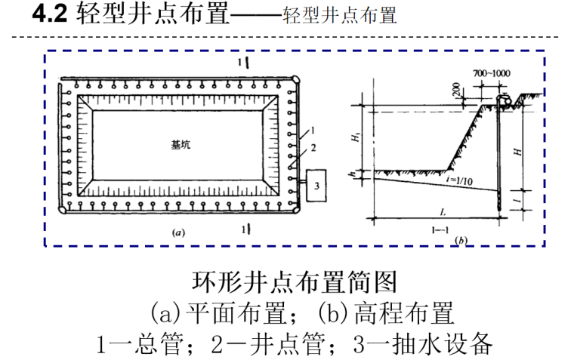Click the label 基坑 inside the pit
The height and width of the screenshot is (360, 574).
pyautogui.click(x=181, y=143)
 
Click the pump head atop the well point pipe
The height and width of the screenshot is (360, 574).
pyautogui.click(x=504, y=100)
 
